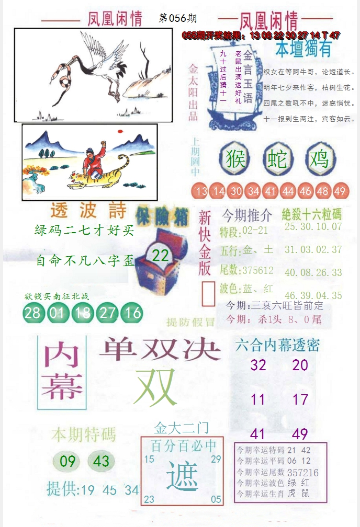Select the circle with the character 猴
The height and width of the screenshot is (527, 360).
click(235, 158)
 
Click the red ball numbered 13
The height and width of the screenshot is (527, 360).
click(201, 191)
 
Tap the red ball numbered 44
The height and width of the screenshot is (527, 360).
click(288, 191)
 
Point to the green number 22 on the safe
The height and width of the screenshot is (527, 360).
click(160, 256)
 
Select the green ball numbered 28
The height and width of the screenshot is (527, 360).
click(33, 313)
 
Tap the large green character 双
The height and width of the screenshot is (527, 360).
click(155, 387)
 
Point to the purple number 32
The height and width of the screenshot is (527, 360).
click(258, 365)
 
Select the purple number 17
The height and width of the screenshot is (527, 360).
click(300, 400)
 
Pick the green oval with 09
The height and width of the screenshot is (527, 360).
click(68, 461)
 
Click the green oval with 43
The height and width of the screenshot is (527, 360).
click(101, 461)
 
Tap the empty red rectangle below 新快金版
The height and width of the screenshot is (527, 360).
click(208, 294)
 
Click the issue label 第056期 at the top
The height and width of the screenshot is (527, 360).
click(177, 18)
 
